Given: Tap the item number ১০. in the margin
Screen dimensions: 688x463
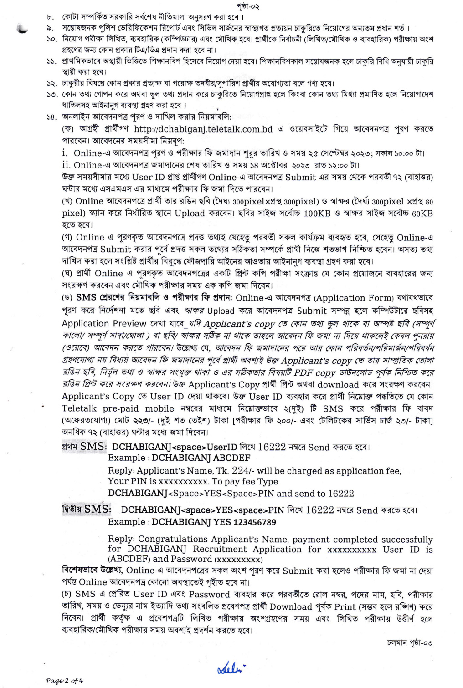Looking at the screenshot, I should tap(51, 39).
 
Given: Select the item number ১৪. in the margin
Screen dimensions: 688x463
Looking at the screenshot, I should tap(51, 117).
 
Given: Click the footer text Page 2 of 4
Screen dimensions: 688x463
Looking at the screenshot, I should tap(65, 681).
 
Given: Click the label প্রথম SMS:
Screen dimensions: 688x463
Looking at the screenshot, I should tap(84, 447).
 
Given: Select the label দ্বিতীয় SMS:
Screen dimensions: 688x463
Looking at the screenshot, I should tap(86, 510).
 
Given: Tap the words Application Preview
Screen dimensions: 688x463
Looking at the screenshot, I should tap(104, 324).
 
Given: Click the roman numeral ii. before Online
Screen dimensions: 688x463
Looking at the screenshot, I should tap(67, 165).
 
